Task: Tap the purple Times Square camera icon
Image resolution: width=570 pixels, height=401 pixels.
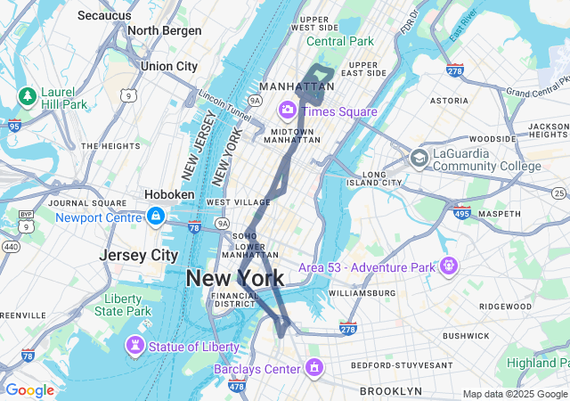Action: pos(288,110)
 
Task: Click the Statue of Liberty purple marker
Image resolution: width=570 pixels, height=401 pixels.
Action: pos(134,344)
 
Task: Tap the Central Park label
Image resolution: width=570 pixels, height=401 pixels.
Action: pos(340,41)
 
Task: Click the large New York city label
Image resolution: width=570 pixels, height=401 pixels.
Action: pos(235,278)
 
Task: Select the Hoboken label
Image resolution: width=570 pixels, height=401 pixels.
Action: pos(169,194)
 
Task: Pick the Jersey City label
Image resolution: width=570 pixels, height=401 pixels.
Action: pos(138,255)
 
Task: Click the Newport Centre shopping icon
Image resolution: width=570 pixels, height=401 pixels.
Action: pos(157,217)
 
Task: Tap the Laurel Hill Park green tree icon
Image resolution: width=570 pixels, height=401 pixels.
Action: pos(27,95)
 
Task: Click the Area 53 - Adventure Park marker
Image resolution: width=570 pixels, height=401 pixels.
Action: pos(447,266)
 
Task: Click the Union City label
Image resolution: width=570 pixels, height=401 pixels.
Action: pos(168,66)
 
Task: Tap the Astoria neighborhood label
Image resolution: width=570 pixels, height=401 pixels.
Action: pos(449,102)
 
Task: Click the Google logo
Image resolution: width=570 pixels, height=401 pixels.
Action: pos(29,390)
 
